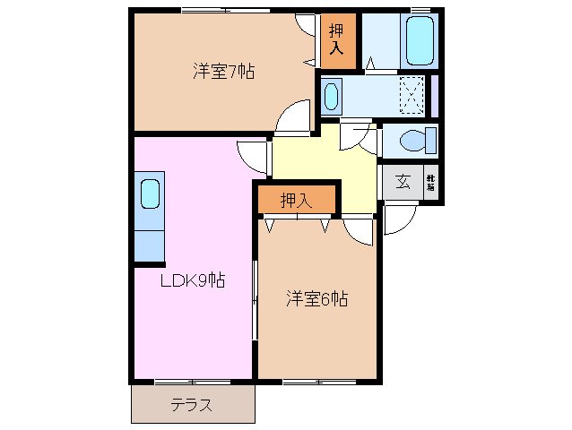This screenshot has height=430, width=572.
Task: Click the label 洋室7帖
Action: [x=223, y=72]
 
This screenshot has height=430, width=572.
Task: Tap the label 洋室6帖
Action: [x=316, y=299]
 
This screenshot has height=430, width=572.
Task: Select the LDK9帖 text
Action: [x=192, y=281]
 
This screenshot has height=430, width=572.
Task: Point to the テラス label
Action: [x=192, y=405]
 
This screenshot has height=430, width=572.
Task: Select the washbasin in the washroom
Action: [x=331, y=95]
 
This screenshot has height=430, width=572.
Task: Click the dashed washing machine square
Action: [x=411, y=94]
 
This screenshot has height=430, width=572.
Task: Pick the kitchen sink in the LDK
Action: [x=150, y=193]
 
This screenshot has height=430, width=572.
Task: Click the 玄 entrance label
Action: [x=403, y=183]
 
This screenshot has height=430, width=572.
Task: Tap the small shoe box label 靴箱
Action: [x=430, y=183]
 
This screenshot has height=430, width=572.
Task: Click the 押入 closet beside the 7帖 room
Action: [x=338, y=38]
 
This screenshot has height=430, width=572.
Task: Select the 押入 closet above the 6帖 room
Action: [x=296, y=200]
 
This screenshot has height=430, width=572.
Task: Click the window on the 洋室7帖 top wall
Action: [x=223, y=11]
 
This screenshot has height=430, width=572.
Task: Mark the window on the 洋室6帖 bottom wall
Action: [x=307, y=381]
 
